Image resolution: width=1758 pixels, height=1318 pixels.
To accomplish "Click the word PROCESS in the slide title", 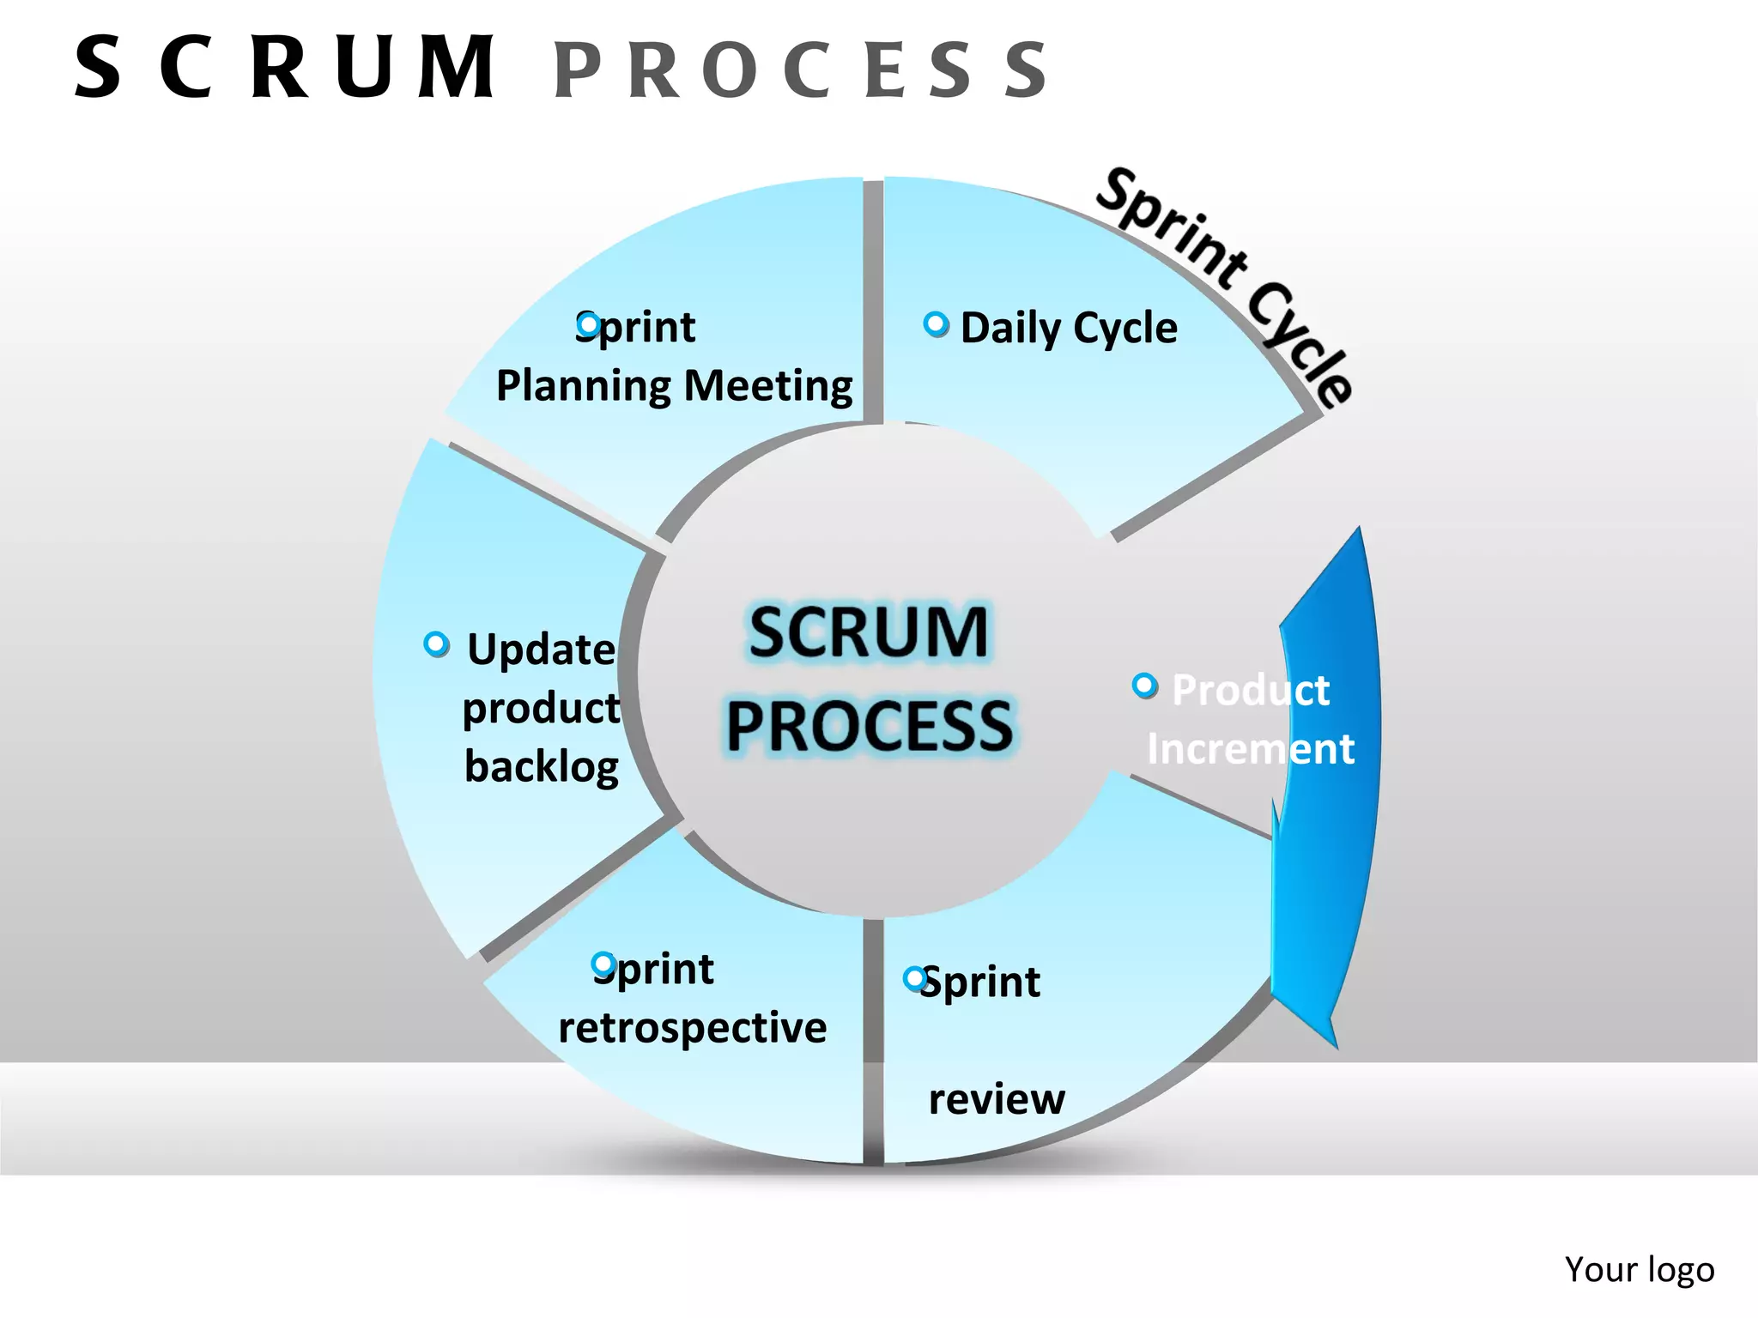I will (x=801, y=70).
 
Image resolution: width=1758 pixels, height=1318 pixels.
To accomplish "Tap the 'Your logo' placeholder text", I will (x=1639, y=1269).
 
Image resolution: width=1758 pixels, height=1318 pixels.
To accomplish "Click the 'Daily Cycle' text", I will (x=1069, y=329).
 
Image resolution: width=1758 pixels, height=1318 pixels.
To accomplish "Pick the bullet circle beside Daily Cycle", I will (x=936, y=324).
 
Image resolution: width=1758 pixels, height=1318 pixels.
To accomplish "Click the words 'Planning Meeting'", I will (x=675, y=386).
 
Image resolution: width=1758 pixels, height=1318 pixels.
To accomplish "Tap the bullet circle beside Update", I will (x=436, y=644).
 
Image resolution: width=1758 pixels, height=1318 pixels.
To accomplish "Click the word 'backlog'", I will (x=542, y=766).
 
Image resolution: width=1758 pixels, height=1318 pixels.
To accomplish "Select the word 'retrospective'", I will (x=692, y=1028).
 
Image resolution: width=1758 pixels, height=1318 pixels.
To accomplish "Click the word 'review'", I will (x=997, y=1099).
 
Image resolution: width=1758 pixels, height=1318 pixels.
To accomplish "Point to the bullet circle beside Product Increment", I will (x=1144, y=685).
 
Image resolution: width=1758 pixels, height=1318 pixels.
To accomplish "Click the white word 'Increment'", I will (x=1251, y=749).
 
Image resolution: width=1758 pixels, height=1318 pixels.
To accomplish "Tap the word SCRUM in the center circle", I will (x=868, y=633).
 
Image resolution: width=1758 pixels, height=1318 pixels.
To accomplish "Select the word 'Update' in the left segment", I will (x=542, y=650).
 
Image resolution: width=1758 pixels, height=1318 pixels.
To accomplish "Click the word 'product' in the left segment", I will (x=542, y=709).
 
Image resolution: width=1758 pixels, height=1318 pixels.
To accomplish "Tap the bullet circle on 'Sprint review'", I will (x=915, y=978).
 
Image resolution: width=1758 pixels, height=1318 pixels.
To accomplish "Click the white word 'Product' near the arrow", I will (x=1251, y=691).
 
